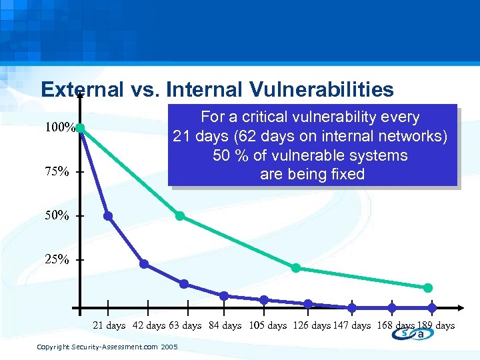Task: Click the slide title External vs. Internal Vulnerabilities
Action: point(217,89)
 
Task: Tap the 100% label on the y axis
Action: point(59,127)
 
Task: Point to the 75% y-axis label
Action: point(57,171)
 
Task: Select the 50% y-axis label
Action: point(57,215)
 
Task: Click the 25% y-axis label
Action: point(57,259)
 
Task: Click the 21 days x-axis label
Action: point(109,325)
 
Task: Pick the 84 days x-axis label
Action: point(225,325)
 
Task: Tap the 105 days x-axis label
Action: point(267,325)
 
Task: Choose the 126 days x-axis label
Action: point(311,325)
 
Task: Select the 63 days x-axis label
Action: point(185,325)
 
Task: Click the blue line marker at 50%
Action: point(108,216)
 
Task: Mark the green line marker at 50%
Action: point(180,216)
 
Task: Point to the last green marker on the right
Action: point(428,288)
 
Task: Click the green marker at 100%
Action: point(79,128)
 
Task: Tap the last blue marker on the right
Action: point(432,308)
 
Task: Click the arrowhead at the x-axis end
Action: point(461,308)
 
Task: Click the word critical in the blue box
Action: point(267,117)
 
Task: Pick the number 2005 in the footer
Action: point(169,347)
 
